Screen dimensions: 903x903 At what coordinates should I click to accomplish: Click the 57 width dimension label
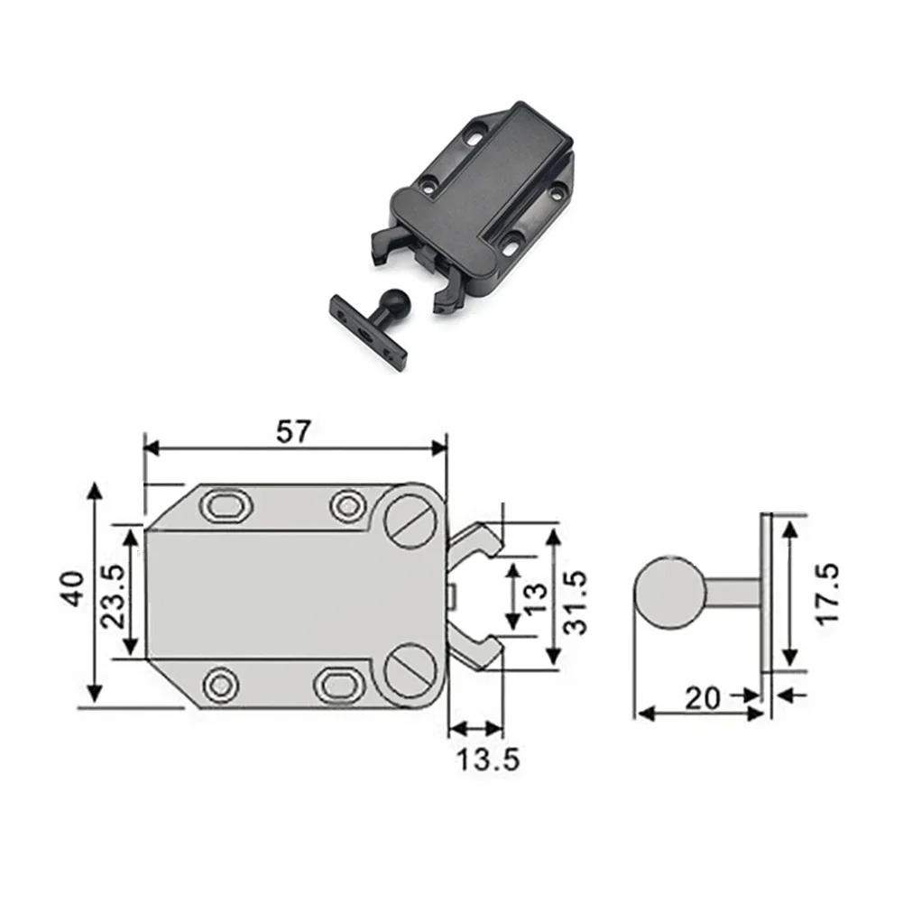tap(293, 431)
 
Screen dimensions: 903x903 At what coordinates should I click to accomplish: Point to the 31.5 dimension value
tap(575, 602)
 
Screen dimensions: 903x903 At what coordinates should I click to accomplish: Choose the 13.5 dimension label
tap(486, 760)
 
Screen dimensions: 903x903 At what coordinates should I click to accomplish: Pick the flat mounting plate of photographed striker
tap(368, 332)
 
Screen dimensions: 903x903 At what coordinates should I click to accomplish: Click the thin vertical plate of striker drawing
tap(766, 592)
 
